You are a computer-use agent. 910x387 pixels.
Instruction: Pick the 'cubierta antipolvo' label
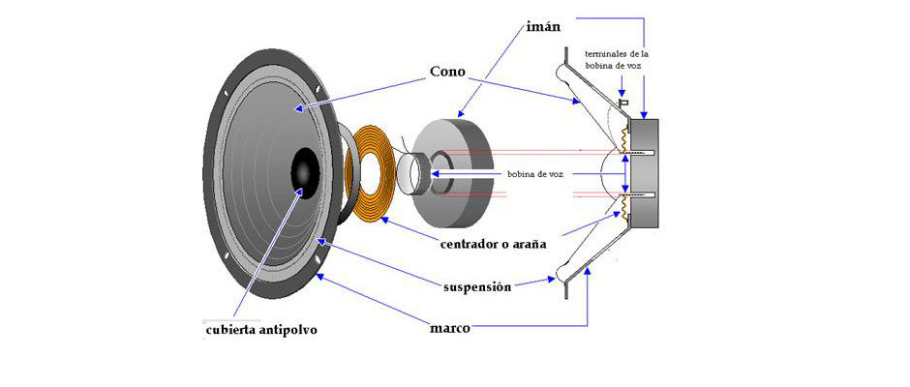click(x=260, y=329)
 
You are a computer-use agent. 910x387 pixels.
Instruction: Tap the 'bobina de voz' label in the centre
click(x=534, y=174)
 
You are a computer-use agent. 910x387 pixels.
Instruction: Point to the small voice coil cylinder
click(x=410, y=173)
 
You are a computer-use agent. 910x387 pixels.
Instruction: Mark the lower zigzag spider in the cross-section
click(x=624, y=206)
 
